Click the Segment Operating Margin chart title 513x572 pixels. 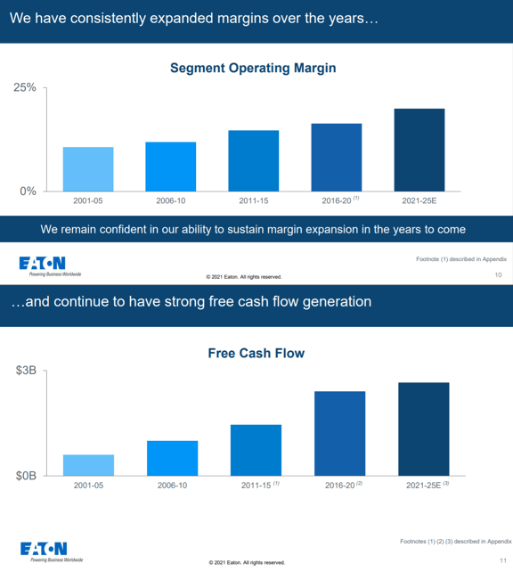tap(252, 68)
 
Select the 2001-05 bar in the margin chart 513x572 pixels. tap(88, 168)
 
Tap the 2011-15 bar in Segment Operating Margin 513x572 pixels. tap(253, 160)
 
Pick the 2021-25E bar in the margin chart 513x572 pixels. tap(419, 149)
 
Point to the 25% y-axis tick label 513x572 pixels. tap(24, 88)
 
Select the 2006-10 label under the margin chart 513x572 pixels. tap(170, 200)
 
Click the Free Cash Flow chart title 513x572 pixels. tap(256, 354)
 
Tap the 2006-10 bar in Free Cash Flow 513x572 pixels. tap(172, 458)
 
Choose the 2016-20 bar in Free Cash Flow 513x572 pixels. tap(339, 433)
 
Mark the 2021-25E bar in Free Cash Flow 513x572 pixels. tap(423, 429)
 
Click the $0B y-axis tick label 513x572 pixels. tap(26, 476)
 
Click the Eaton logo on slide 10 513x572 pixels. tap(43, 263)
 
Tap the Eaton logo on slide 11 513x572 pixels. tap(43, 549)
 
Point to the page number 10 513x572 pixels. tap(497, 275)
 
